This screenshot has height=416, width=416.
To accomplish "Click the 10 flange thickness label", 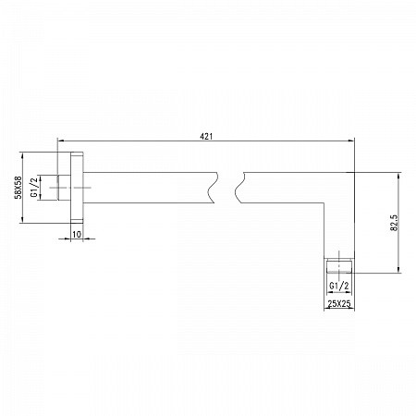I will coord(77,235).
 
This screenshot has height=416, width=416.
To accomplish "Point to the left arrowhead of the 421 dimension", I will coord(62,142).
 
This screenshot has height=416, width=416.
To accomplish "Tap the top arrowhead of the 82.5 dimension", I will coord(399,174).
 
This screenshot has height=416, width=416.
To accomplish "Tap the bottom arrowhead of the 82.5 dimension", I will coord(399,272).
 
